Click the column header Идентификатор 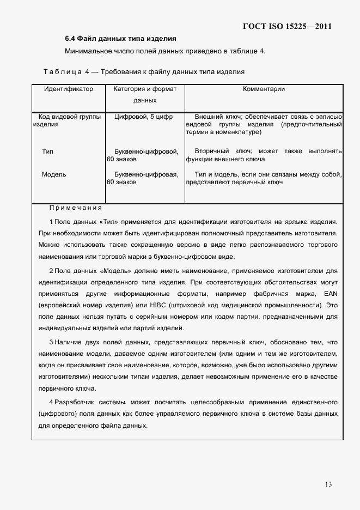coord(69,89)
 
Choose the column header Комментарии coord(264,89)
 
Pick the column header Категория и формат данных coord(144,94)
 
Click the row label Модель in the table coord(54,174)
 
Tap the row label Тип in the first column coord(47,151)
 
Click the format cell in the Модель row coord(143,178)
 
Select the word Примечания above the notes coord(75,208)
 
